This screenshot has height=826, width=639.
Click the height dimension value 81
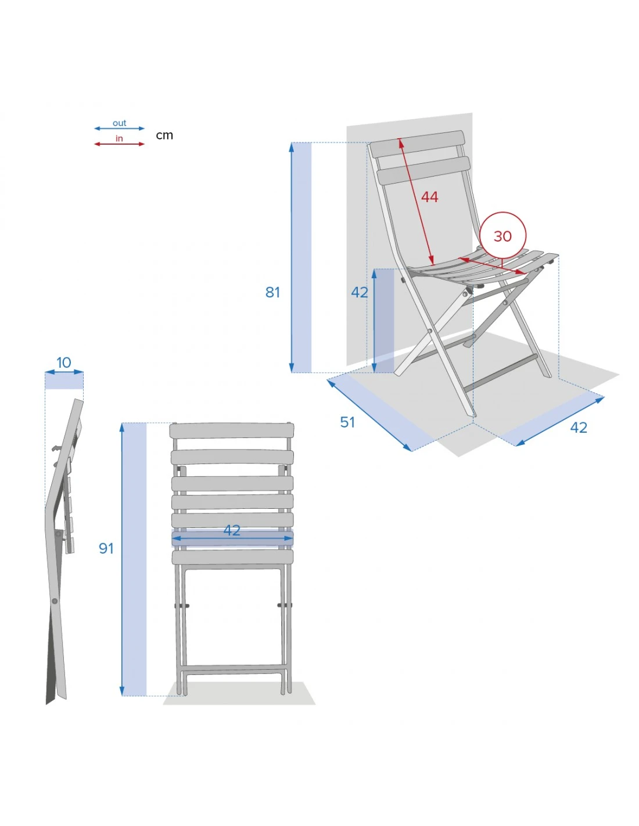click(x=272, y=292)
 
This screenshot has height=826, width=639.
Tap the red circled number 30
click(x=502, y=236)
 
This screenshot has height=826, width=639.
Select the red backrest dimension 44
click(x=429, y=197)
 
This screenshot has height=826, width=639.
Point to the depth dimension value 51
click(x=347, y=422)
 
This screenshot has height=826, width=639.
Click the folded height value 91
click(x=106, y=548)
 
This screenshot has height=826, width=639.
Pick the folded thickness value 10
click(x=64, y=362)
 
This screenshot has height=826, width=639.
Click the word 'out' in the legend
click(x=119, y=123)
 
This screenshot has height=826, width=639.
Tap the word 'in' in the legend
click(x=119, y=138)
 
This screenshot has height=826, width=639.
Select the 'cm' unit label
click(x=164, y=135)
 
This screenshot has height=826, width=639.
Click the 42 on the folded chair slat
click(x=232, y=530)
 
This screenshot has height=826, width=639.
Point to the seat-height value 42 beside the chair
click(x=360, y=292)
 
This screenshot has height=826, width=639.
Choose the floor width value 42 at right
click(x=579, y=428)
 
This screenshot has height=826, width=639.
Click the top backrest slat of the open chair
click(x=418, y=144)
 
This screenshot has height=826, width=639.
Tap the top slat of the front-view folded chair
click(x=232, y=430)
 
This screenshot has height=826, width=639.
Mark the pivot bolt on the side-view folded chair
click(x=55, y=601)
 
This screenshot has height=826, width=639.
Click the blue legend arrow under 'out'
click(x=119, y=128)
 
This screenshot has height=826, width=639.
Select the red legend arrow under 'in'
click(x=119, y=144)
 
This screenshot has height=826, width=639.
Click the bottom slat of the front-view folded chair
click(x=232, y=557)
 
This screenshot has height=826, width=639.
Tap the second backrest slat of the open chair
click(x=423, y=171)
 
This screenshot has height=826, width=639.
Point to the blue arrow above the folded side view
click(x=64, y=372)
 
